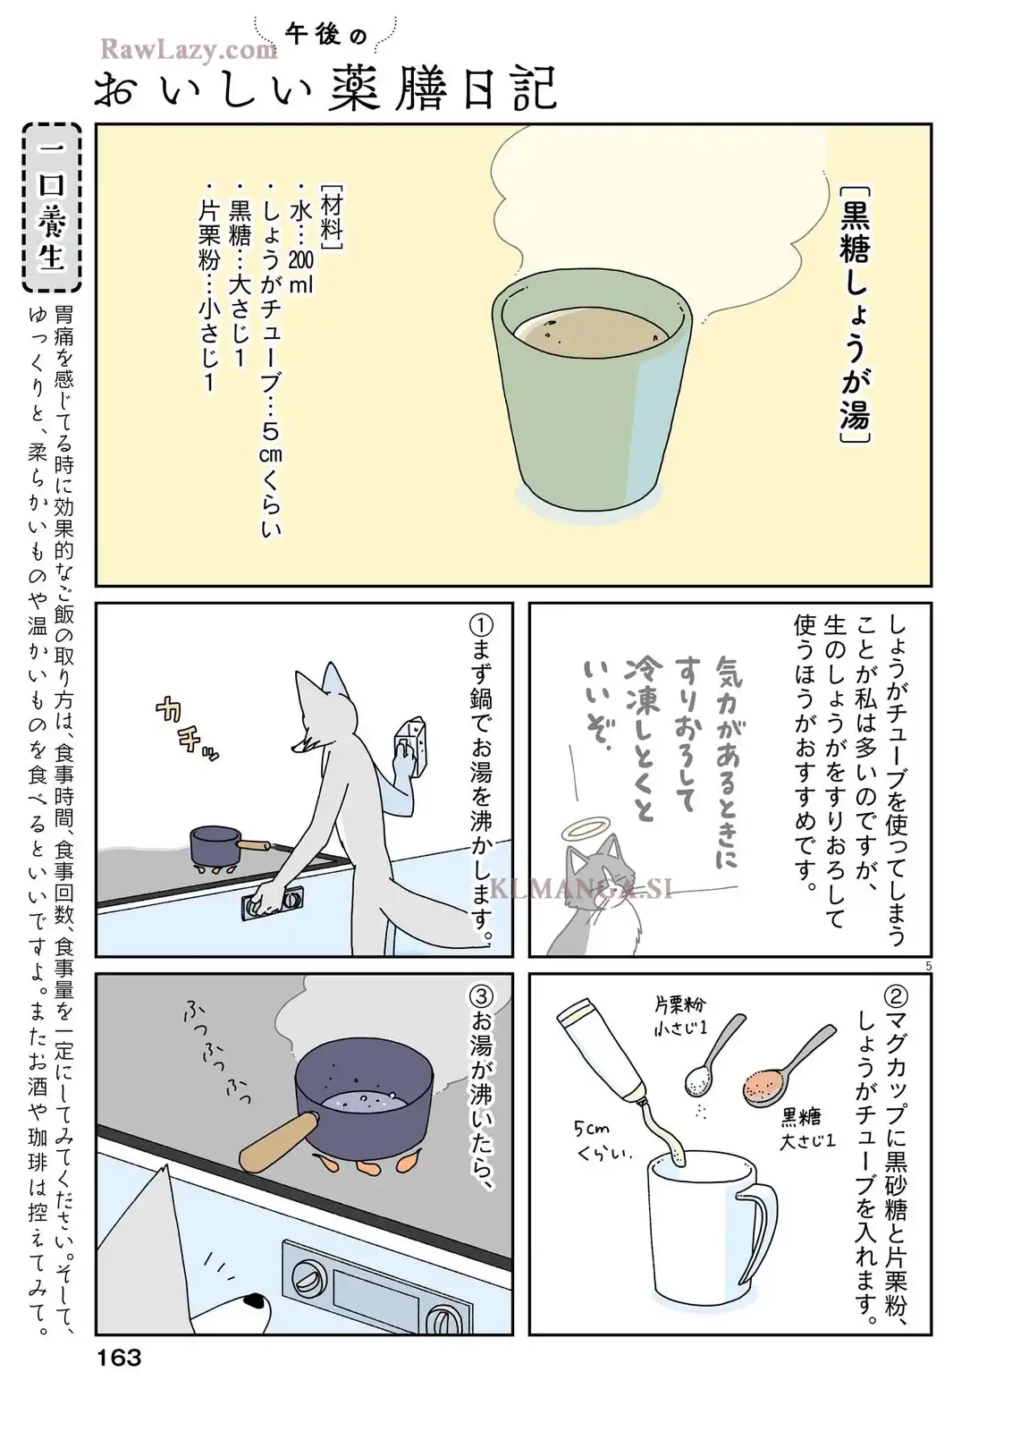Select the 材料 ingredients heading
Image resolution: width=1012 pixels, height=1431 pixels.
click(x=332, y=218)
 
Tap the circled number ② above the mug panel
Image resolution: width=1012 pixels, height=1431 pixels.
click(x=896, y=996)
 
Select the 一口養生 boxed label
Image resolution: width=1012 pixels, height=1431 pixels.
click(x=51, y=207)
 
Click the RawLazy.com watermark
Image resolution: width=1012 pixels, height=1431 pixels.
click(x=189, y=49)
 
